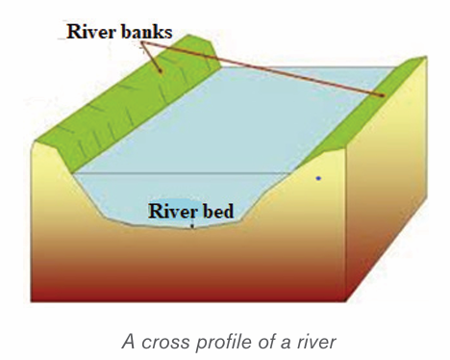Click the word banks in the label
[x=147, y=32]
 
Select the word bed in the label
[x=218, y=211]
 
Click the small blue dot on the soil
[x=318, y=178]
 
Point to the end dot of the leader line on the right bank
[x=382, y=95]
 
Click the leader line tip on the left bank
[x=161, y=71]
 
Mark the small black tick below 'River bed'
[x=192, y=226]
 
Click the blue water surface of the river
[x=224, y=122]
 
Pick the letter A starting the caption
[x=129, y=341]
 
